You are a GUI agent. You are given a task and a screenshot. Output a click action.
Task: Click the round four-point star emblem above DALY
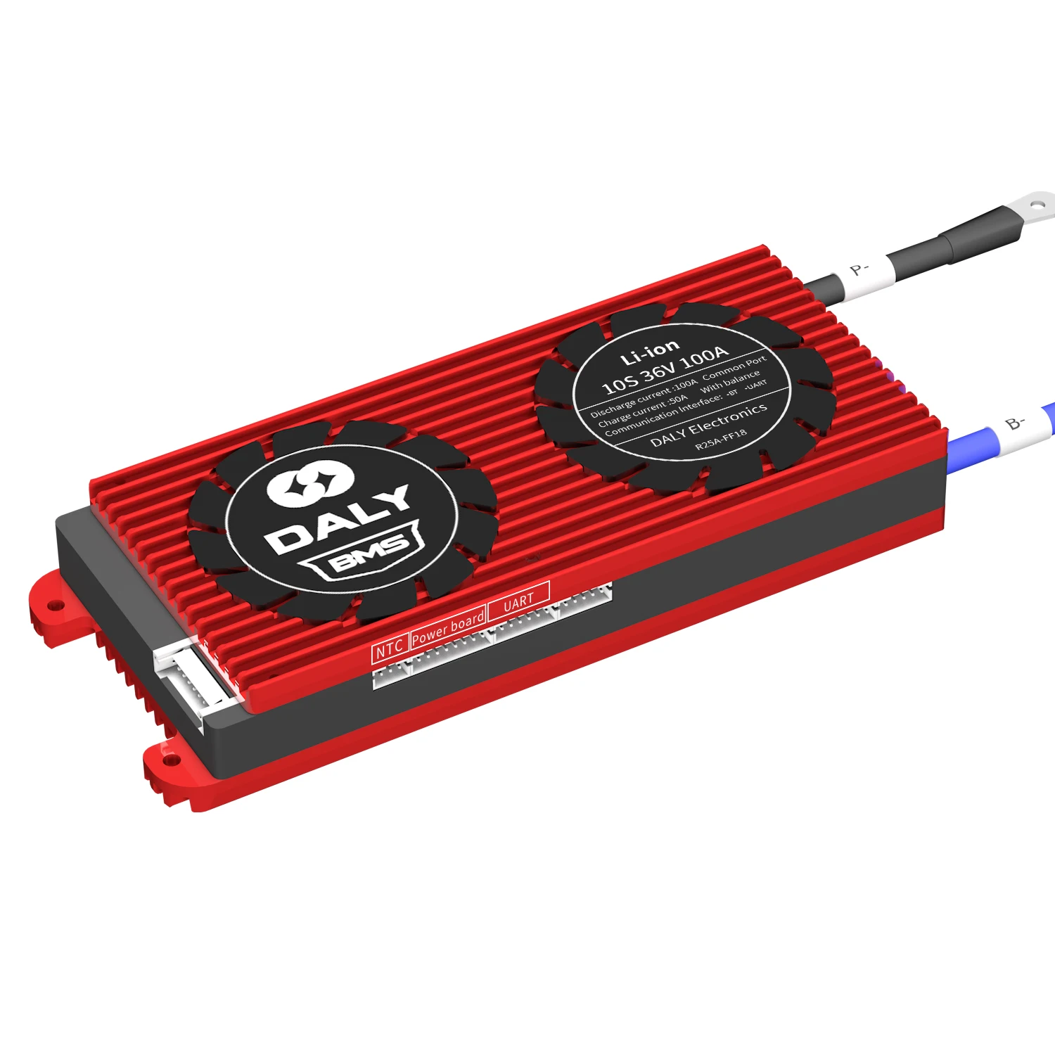coord(309,483)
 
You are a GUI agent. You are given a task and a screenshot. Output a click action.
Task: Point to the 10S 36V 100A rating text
coord(665,370)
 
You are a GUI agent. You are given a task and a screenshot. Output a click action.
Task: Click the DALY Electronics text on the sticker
coord(708,425)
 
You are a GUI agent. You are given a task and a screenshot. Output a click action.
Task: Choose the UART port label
coord(518,602)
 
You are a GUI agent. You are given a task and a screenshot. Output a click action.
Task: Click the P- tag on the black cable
coord(859,269)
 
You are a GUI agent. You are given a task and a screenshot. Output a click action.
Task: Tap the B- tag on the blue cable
coord(1015,423)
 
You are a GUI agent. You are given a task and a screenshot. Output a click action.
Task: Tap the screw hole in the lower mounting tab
coord(170,760)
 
